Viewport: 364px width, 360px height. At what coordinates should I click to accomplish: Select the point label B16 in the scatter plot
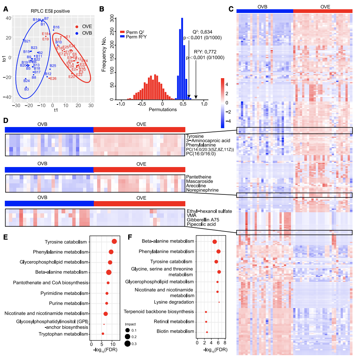point(56,27)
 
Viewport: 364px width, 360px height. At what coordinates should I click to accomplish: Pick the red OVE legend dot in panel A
point(77,27)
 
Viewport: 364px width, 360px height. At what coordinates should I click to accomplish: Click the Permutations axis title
point(162,110)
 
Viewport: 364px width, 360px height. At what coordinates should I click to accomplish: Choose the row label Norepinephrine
point(202,190)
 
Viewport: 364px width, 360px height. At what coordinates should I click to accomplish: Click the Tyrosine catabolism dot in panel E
point(114,241)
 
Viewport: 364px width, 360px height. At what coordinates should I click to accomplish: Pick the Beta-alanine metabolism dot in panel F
point(214,242)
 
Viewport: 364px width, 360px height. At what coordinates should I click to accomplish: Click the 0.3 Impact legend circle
point(127,343)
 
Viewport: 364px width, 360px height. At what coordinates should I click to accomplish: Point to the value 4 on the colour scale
point(227,84)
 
